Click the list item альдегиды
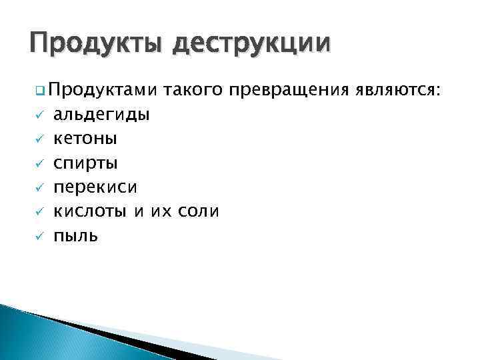(101, 115)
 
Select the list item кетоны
(85, 139)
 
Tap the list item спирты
(85, 163)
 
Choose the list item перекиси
(95, 187)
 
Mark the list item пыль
(76, 235)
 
